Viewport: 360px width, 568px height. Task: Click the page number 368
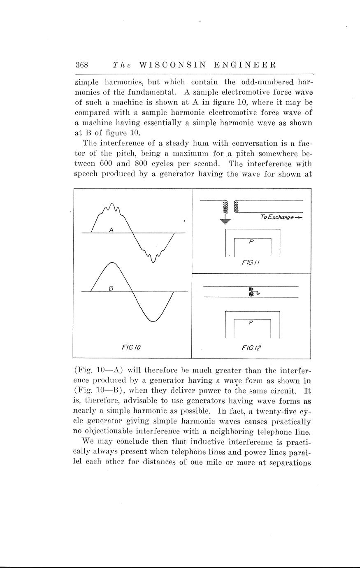point(82,65)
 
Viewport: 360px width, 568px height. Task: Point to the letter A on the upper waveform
point(111,230)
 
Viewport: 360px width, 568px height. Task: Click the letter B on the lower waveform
point(111,288)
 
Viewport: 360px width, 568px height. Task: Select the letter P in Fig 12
point(251,323)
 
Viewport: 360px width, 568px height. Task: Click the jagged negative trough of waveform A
point(153,257)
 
